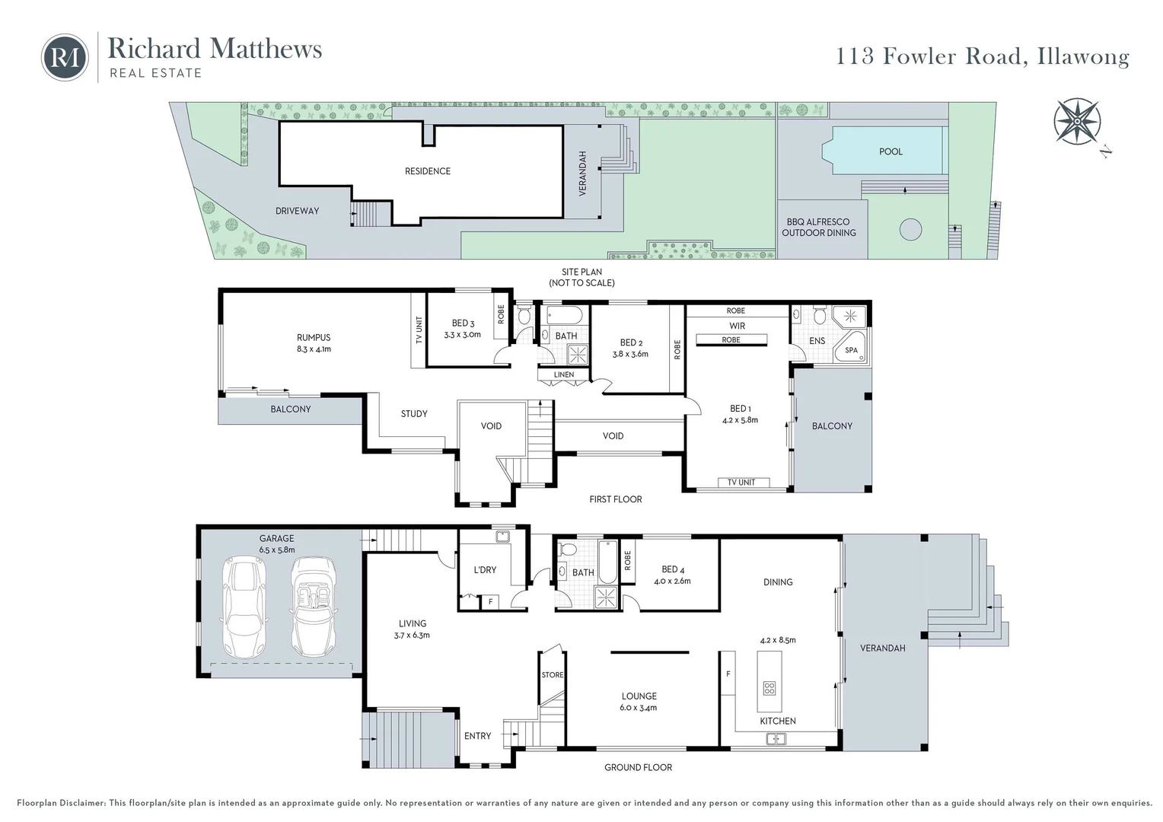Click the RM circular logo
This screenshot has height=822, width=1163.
(65, 57)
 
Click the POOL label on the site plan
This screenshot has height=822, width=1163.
(891, 151)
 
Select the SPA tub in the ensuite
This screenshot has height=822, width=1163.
(851, 350)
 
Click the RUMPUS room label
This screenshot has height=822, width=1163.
(314, 337)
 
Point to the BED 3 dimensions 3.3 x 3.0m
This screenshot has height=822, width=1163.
(462, 335)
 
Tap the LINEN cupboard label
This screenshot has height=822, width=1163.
(564, 374)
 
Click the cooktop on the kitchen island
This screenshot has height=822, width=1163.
(769, 689)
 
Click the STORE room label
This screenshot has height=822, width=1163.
(553, 675)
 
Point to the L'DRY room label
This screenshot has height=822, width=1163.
(485, 569)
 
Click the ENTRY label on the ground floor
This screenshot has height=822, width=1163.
(477, 736)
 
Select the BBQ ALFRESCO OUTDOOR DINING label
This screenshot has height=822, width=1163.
(819, 228)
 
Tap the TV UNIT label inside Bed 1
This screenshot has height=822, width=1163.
(741, 483)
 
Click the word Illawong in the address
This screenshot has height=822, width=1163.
(1083, 57)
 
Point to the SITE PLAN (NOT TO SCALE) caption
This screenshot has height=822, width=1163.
(581, 277)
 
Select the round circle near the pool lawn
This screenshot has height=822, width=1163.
(910, 229)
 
